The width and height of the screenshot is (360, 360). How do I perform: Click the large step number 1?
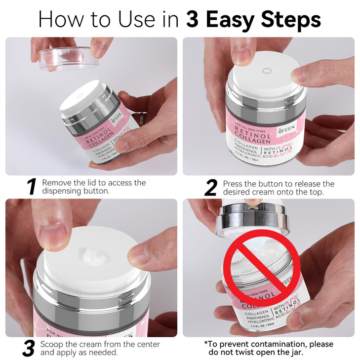click(x=32, y=187)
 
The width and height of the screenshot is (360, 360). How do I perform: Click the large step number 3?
click(x=29, y=348)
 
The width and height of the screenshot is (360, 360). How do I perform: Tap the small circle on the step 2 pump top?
click(x=267, y=71)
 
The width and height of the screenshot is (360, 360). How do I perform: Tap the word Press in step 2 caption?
click(x=234, y=184)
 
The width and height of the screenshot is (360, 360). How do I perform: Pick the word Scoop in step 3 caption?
click(x=52, y=344)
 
